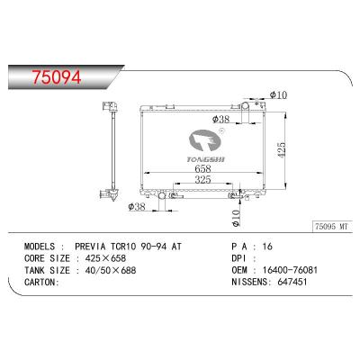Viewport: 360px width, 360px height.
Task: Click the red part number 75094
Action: pyautogui.click(x=57, y=77)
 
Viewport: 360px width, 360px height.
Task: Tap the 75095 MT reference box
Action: pyautogui.click(x=331, y=227)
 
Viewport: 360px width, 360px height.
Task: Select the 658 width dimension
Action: pyautogui.click(x=202, y=168)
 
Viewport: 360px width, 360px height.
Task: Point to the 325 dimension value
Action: pyautogui.click(x=202, y=180)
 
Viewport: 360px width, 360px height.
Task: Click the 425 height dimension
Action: pyautogui.click(x=282, y=150)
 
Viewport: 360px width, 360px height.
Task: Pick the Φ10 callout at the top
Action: pyautogui.click(x=278, y=95)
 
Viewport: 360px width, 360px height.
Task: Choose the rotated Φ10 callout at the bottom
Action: pyautogui.click(x=236, y=218)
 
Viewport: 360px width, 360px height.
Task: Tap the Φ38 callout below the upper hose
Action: pyautogui.click(x=220, y=120)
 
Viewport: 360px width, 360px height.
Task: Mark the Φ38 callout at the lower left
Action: pyautogui.click(x=137, y=206)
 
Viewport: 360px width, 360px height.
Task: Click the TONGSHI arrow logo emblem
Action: pyautogui.click(x=204, y=141)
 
